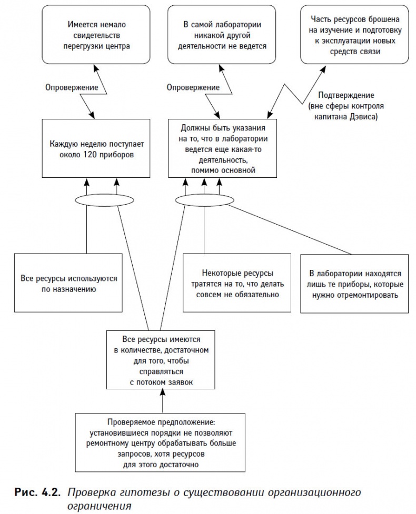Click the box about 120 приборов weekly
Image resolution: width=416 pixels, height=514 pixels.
click(100, 148)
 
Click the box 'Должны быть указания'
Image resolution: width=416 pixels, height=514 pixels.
click(225, 148)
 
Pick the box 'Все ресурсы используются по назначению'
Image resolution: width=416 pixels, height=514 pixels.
click(68, 283)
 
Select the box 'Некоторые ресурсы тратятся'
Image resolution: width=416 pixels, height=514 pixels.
click(237, 283)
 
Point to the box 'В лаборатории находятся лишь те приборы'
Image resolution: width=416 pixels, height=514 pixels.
click(355, 283)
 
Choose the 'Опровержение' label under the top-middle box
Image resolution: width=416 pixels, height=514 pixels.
click(193, 87)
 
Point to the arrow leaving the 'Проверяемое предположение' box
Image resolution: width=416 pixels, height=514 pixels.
click(162, 402)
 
